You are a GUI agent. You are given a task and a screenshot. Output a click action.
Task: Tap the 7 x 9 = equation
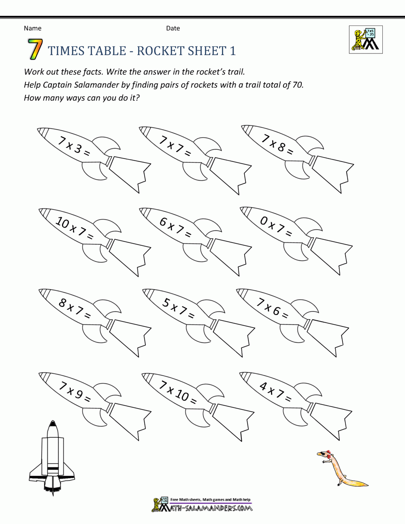pos(74,392)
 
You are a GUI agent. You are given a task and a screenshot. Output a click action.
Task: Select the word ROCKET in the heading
pos(160,51)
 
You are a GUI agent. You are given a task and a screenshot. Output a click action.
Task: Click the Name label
pos(32,28)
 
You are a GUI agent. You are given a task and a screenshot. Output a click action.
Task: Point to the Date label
pos(173,28)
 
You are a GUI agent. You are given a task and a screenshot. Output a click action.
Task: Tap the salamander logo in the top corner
pos(365,40)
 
